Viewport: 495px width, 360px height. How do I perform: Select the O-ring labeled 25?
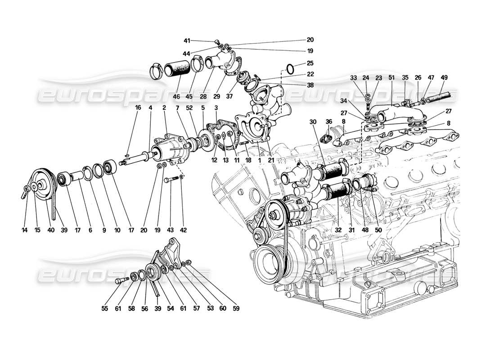click(x=291, y=69)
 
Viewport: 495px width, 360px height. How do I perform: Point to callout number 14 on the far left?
click(x=24, y=230)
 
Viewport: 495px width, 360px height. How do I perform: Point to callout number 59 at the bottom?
click(x=236, y=309)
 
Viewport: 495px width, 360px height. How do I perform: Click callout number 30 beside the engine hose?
click(x=313, y=121)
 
